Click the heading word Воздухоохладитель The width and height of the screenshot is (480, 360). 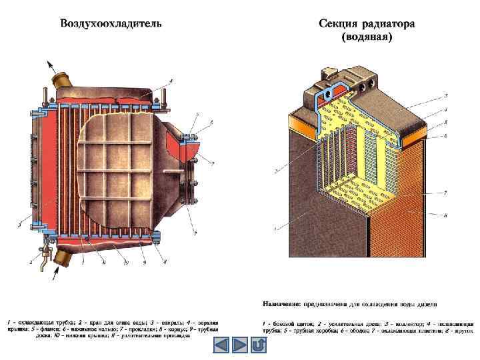click(x=110, y=24)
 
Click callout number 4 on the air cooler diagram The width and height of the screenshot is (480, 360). click(x=170, y=81)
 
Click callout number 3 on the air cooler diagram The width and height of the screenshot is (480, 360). click(x=21, y=227)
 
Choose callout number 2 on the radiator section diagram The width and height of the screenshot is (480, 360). click(x=275, y=171)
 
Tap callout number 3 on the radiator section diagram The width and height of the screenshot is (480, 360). click(x=445, y=97)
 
